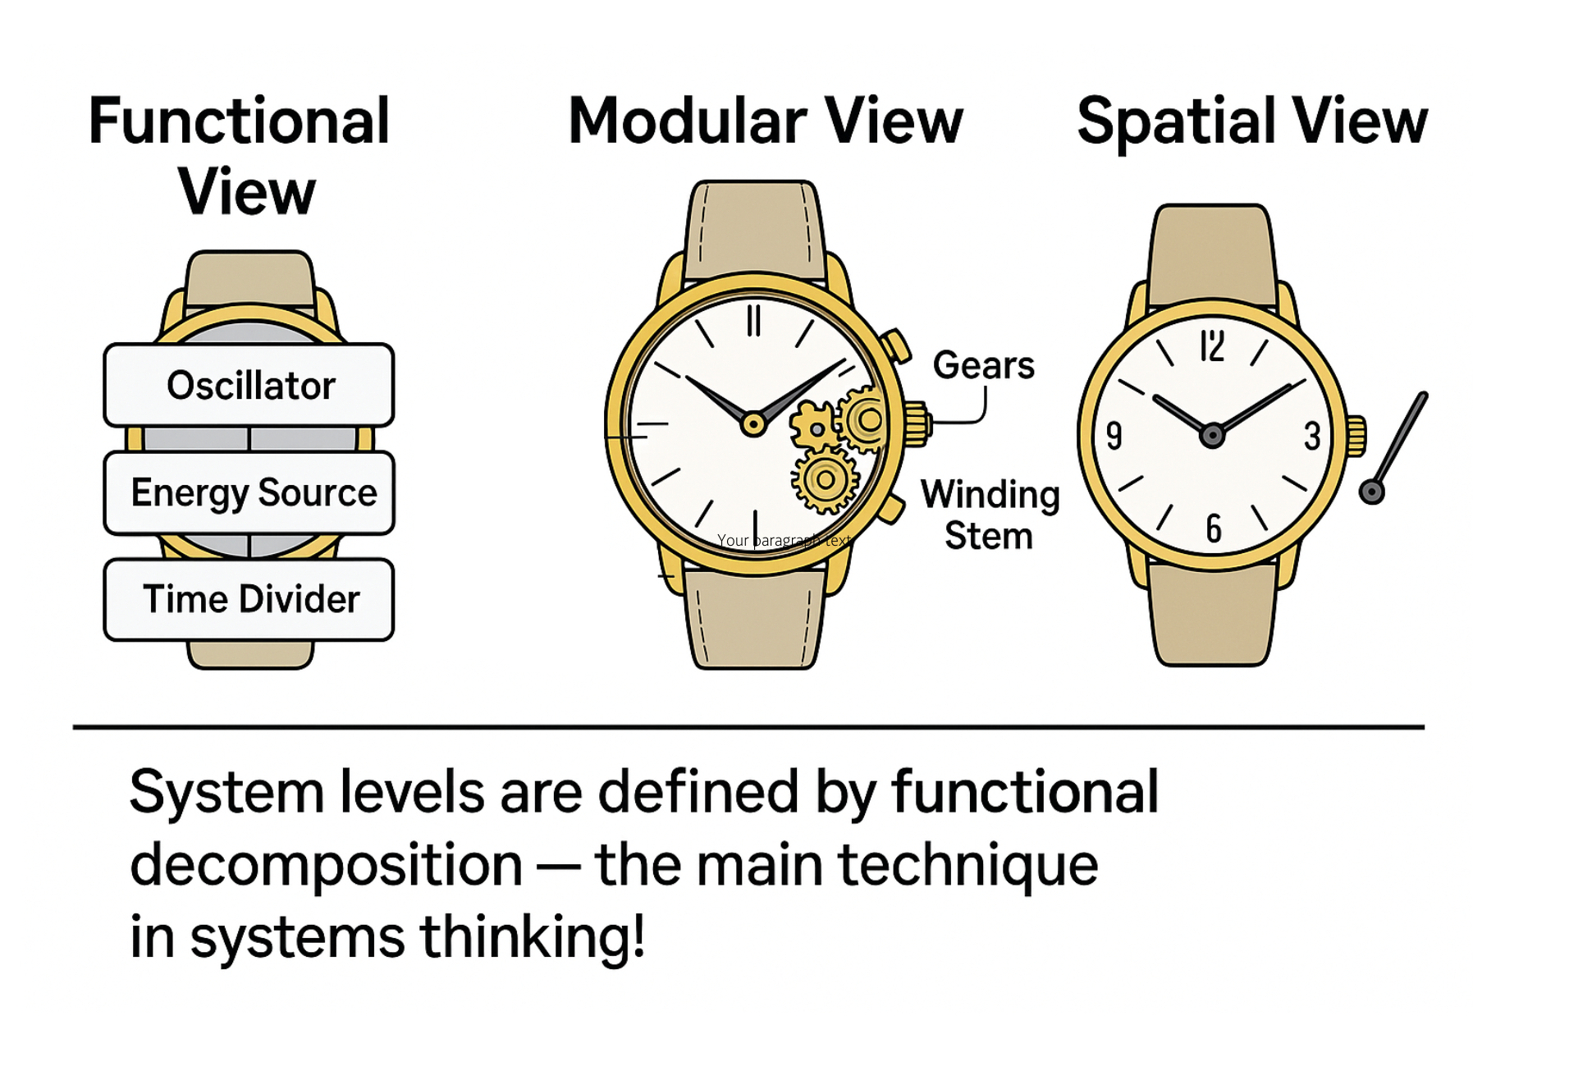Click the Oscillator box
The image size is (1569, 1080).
249,385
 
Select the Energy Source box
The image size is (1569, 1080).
249,492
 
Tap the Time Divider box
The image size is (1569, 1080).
249,599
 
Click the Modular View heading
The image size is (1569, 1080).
765,121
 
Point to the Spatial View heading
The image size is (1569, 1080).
1251,121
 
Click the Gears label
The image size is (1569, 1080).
983,365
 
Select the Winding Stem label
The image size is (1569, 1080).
990,515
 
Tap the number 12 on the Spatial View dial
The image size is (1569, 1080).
1212,346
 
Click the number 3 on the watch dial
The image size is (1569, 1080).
1312,436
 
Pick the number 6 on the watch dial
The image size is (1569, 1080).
1214,529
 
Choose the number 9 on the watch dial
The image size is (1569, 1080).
1114,436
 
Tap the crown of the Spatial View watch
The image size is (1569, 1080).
1356,436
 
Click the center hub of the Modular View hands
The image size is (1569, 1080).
752,424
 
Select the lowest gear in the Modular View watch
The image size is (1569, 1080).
826,479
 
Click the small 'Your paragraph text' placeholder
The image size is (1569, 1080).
784,540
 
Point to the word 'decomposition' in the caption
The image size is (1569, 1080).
326,865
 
